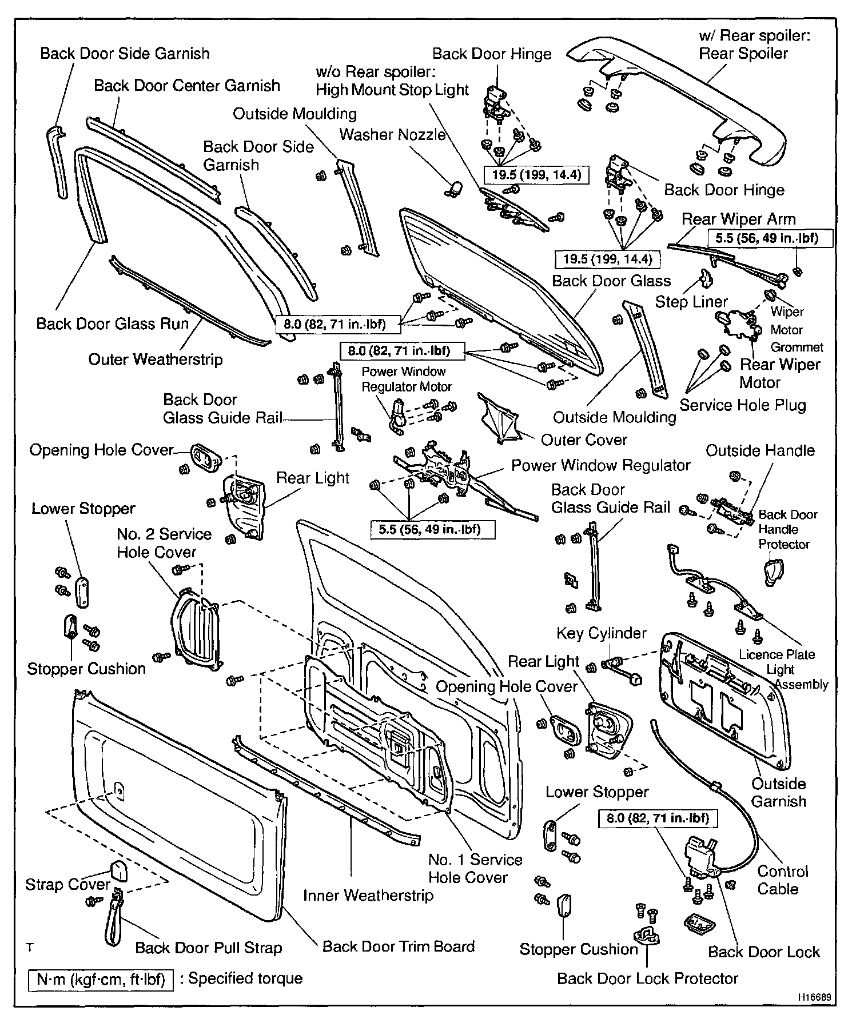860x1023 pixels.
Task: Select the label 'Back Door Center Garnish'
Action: coord(187,86)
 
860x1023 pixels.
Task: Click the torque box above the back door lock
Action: coord(657,818)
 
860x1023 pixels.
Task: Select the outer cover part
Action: coord(500,420)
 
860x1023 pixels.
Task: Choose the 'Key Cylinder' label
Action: coord(601,633)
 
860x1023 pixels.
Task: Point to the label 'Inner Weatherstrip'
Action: coord(368,895)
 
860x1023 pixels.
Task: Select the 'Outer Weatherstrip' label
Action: coord(155,359)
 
